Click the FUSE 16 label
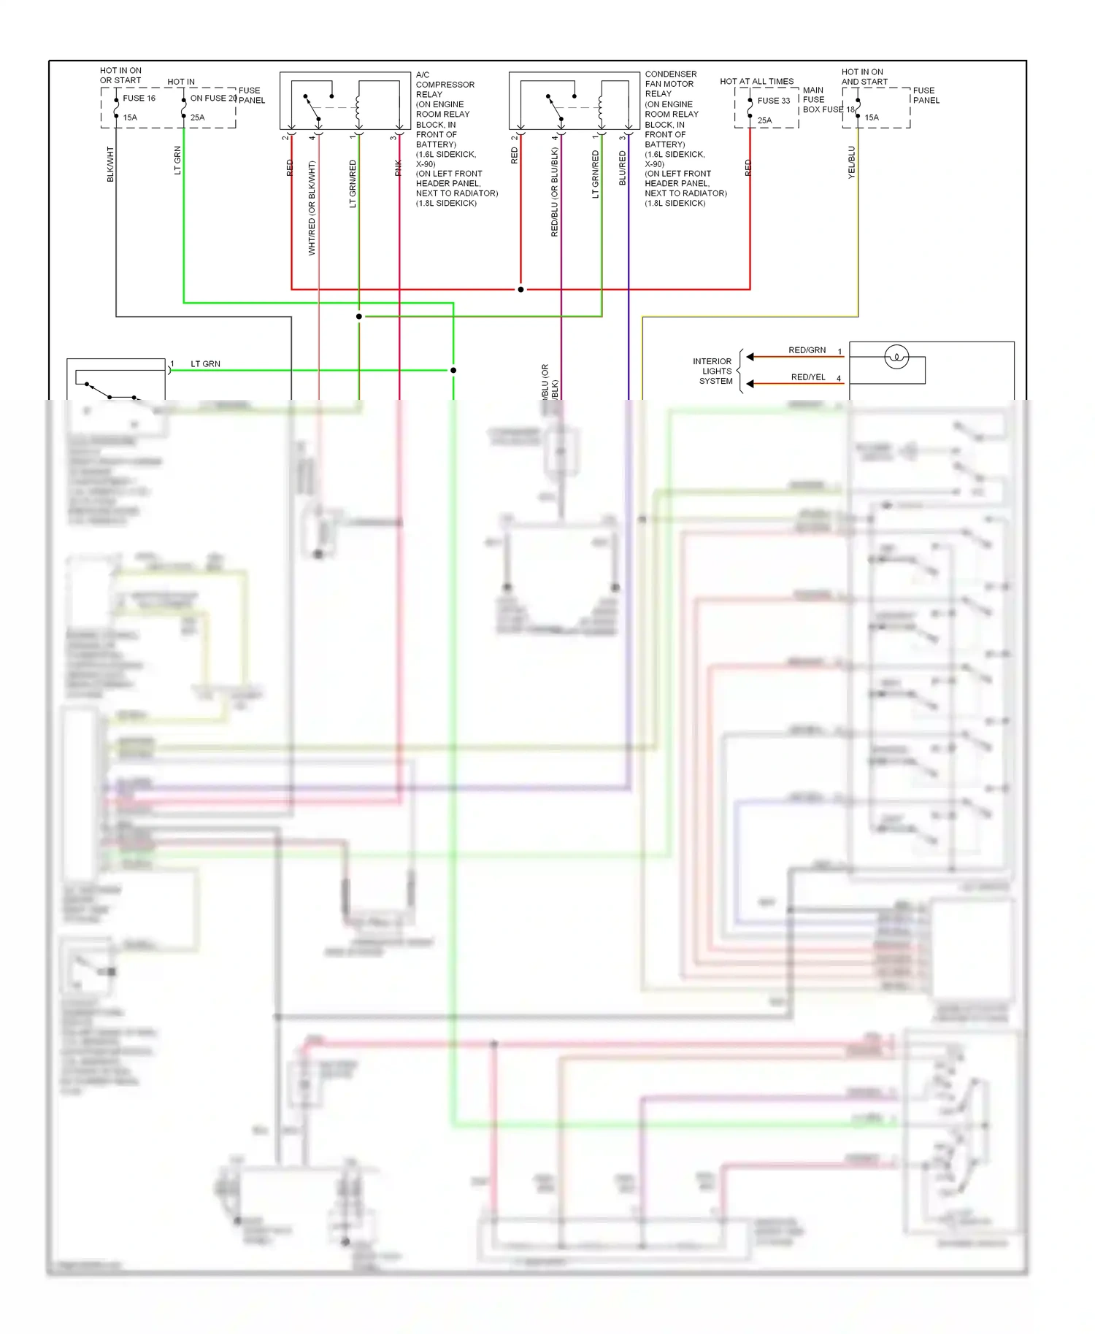[x=139, y=99]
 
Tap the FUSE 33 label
[x=773, y=101]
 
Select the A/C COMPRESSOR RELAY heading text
[x=445, y=85]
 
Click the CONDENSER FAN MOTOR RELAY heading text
[x=670, y=84]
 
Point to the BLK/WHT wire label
[x=111, y=164]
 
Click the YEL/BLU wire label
[x=851, y=162]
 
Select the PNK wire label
[x=399, y=168]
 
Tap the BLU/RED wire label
[x=623, y=168]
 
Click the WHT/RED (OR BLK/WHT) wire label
[x=312, y=208]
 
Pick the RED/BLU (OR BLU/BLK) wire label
[x=555, y=192]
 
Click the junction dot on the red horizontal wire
[x=520, y=290]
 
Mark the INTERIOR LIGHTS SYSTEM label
[x=713, y=371]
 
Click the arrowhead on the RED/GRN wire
[x=750, y=357]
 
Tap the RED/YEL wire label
[x=808, y=377]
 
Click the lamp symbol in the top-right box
[x=896, y=357]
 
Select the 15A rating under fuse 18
[x=872, y=117]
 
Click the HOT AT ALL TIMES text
[x=756, y=82]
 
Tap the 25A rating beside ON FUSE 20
[x=198, y=117]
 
